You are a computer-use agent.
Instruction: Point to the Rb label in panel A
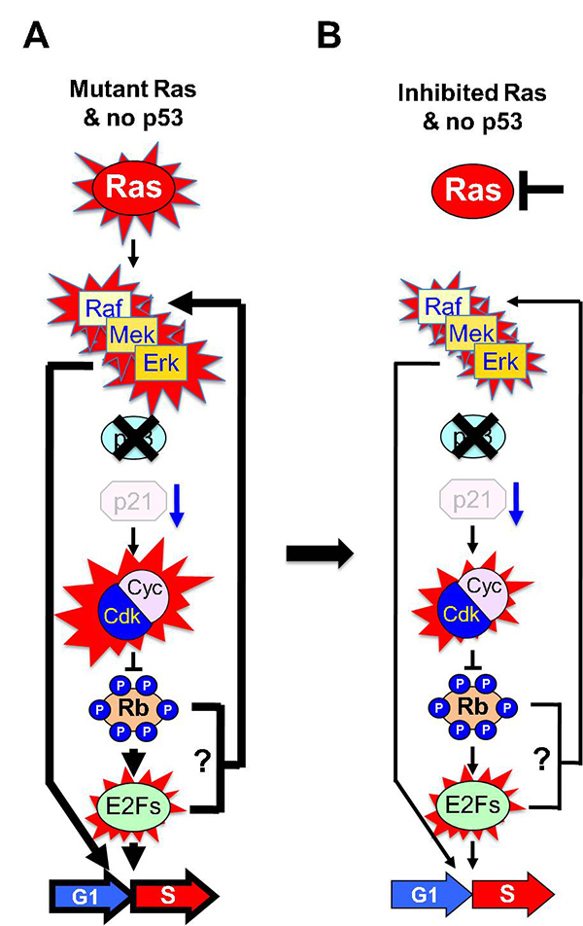tap(133, 716)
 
